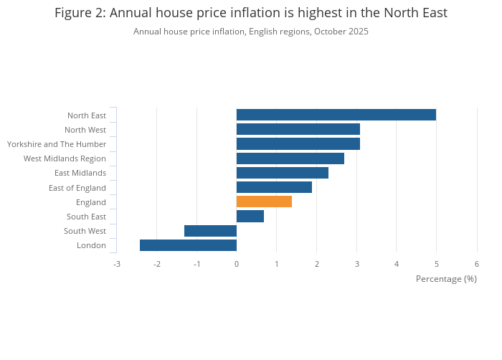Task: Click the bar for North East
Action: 336,115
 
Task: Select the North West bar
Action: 298,129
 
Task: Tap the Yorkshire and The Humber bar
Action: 298,144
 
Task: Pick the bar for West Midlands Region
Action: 290,158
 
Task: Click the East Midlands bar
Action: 282,173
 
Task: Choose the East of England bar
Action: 274,187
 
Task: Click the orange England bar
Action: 264,202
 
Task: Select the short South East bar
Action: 250,216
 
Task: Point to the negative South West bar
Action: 210,231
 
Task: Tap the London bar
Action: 188,245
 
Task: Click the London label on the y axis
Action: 91,245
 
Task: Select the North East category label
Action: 86,115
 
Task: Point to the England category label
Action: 90,202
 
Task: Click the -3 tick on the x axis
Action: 116,264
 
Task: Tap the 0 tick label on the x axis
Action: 237,264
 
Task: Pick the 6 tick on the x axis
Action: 477,264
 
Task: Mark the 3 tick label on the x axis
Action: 356,264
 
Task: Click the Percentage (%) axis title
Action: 446,278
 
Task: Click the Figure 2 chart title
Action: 251,13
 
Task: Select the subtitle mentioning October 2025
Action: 251,32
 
